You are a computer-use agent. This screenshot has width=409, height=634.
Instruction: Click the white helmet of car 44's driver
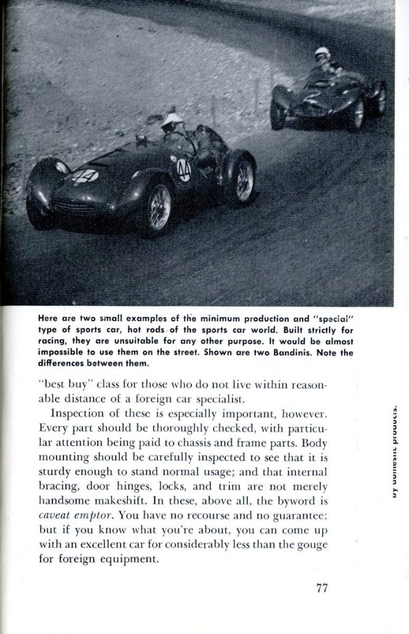coord(172,119)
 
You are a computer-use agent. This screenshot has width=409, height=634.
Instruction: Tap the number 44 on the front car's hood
coord(85,177)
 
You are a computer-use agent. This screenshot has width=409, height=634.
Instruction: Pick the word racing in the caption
coord(52,341)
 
